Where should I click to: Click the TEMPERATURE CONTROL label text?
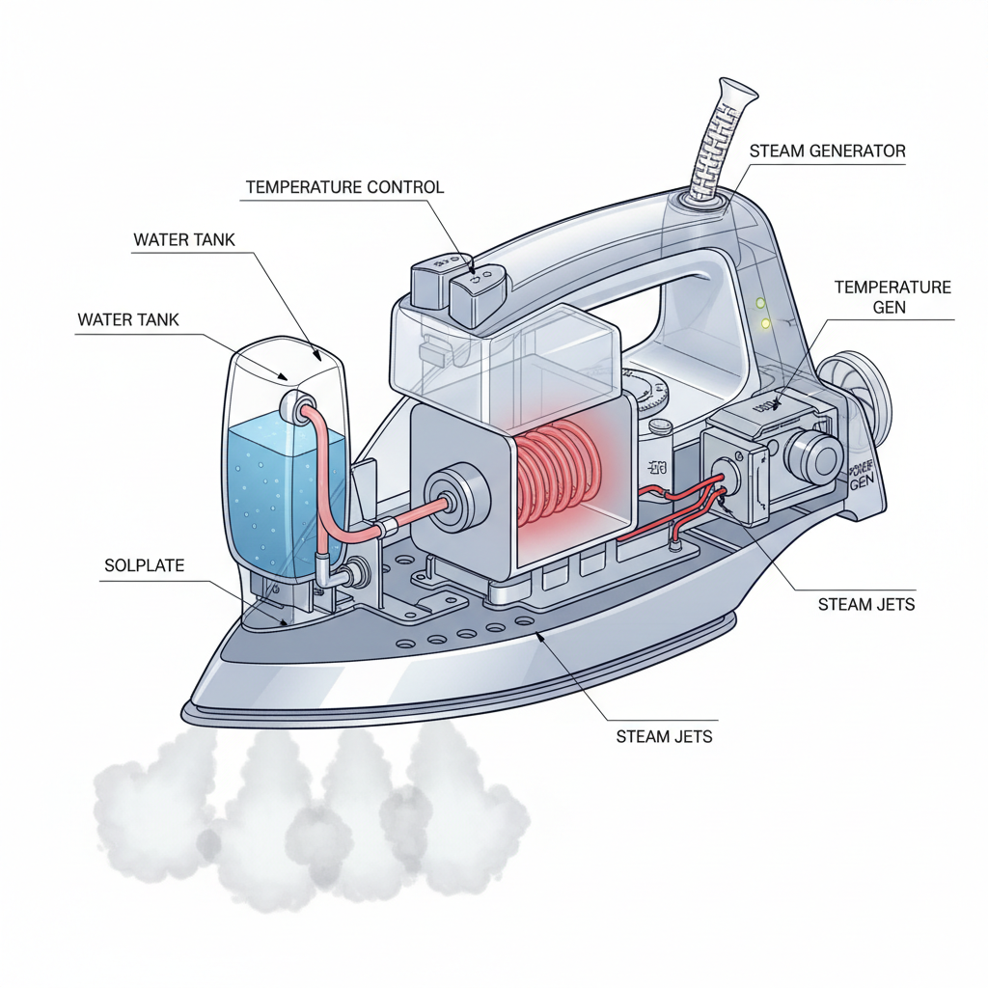pyautogui.click(x=344, y=186)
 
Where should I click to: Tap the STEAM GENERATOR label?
pyautogui.click(x=827, y=151)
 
